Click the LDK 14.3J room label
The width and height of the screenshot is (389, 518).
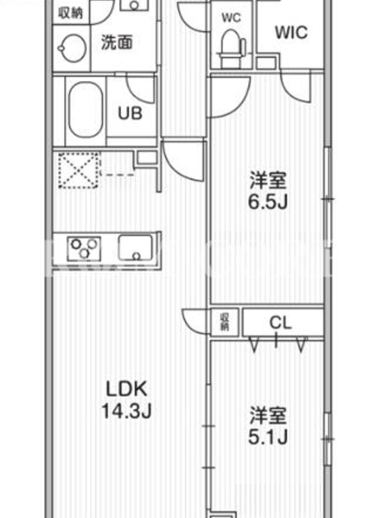click(126, 400)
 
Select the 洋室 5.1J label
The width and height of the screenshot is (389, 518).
click(268, 426)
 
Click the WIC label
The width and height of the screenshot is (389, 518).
click(291, 32)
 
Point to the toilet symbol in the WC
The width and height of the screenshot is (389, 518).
click(231, 48)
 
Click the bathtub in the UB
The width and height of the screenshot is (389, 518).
click(85, 109)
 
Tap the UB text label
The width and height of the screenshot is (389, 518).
click(130, 113)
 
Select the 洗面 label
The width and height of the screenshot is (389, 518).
click(117, 43)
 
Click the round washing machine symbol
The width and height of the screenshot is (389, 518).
click(72, 49)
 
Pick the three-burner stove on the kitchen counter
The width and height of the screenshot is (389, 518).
click(84, 249)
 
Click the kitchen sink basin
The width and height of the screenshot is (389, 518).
click(136, 247)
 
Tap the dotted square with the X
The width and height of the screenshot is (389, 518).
click(78, 170)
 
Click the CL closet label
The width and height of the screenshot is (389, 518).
click(281, 322)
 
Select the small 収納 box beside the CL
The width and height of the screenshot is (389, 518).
click(224, 322)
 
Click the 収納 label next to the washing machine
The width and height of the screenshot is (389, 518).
click(70, 13)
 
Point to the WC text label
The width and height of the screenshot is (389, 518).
click(231, 17)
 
